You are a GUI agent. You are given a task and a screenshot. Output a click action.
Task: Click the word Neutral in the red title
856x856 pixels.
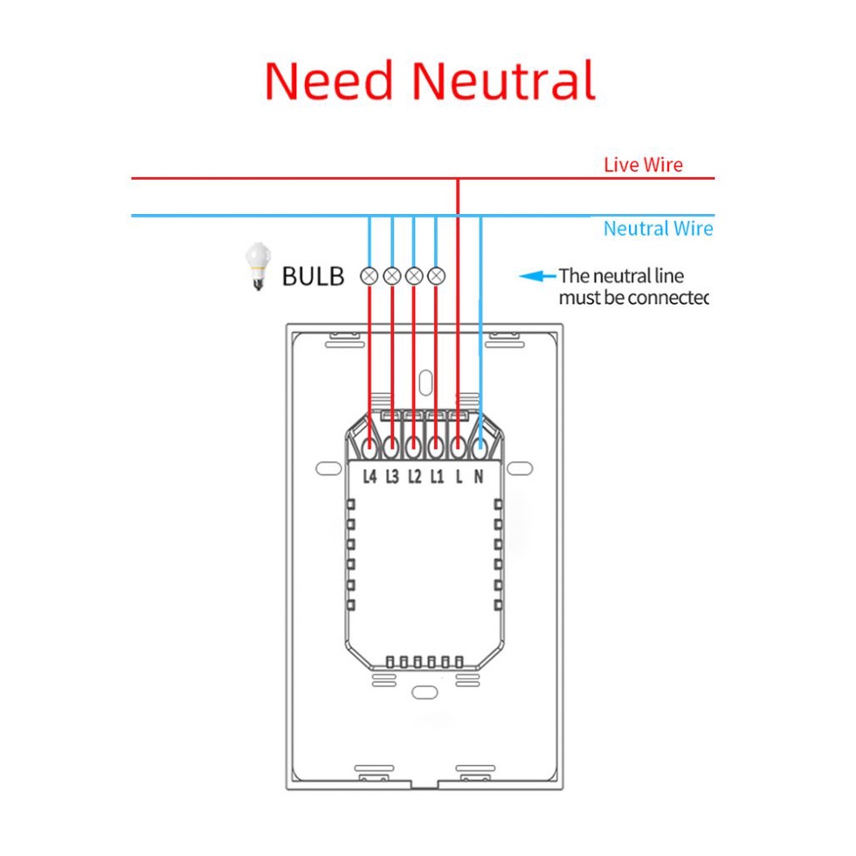click(504, 80)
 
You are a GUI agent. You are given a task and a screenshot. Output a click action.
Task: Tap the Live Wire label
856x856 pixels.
click(643, 164)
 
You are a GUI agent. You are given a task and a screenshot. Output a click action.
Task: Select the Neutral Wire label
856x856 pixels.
click(658, 229)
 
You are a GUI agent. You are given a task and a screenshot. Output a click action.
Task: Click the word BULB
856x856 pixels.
click(313, 277)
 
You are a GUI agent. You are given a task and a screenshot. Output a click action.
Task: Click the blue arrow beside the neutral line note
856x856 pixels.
click(537, 277)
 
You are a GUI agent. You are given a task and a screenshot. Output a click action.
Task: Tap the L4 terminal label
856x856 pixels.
click(369, 476)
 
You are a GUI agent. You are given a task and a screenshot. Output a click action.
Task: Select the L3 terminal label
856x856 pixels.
click(392, 476)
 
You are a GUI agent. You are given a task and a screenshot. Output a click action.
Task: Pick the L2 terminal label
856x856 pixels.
click(414, 476)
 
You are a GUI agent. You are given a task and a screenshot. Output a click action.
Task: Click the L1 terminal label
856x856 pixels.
click(437, 476)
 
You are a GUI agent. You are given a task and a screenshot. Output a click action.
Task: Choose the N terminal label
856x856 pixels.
click(479, 476)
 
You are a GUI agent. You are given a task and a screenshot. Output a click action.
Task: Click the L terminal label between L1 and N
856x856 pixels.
click(459, 476)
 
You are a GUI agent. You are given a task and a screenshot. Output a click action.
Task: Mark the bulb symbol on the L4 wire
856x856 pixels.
click(369, 277)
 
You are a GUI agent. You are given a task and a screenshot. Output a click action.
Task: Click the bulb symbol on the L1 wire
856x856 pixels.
click(437, 277)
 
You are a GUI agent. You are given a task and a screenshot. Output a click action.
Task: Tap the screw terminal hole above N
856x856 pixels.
click(480, 448)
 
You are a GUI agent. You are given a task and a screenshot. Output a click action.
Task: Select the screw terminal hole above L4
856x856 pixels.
click(369, 448)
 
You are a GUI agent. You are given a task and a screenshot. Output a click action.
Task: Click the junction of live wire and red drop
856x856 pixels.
click(458, 179)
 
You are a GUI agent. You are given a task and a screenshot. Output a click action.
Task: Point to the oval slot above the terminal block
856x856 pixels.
click(425, 382)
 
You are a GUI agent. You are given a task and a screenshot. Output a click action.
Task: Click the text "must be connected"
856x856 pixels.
click(633, 299)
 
